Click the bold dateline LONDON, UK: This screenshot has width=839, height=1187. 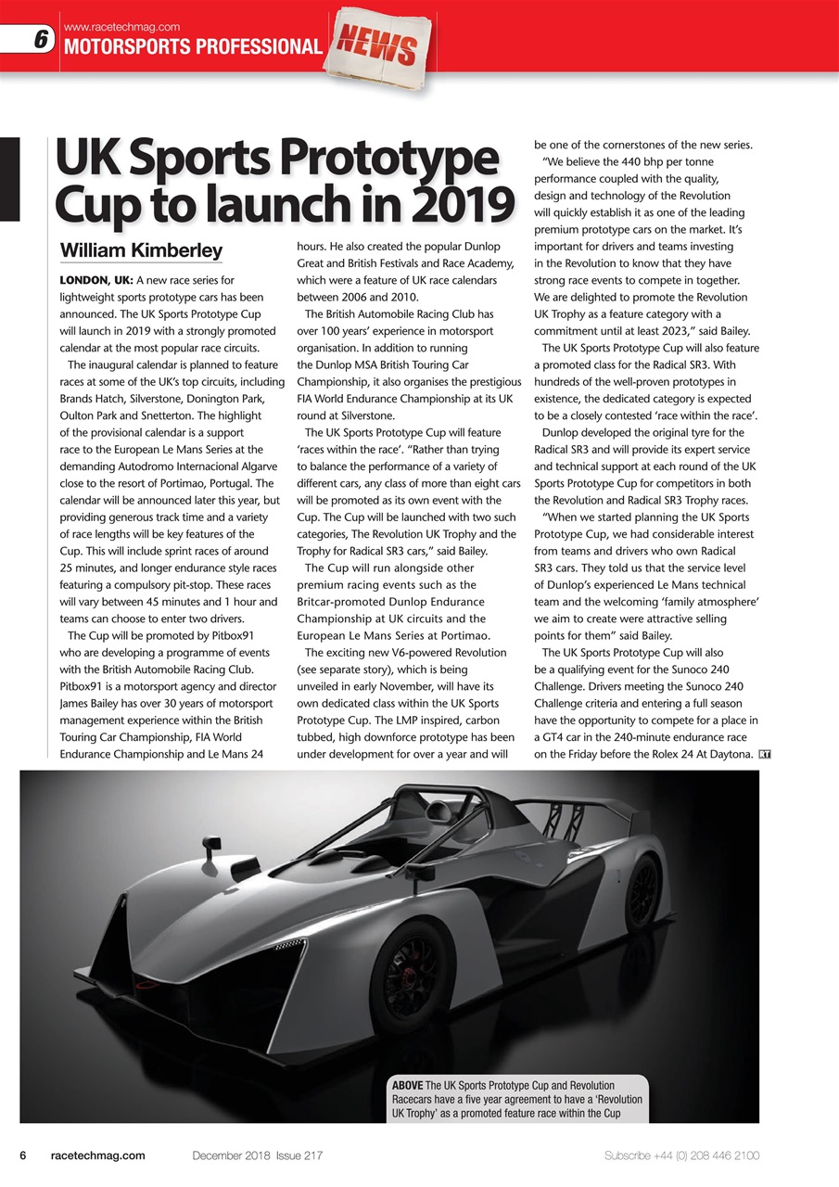[x=95, y=280]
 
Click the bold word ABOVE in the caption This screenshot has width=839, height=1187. [x=408, y=1085]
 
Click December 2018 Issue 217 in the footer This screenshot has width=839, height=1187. [x=257, y=1155]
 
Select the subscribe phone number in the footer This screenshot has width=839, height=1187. [x=681, y=1155]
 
